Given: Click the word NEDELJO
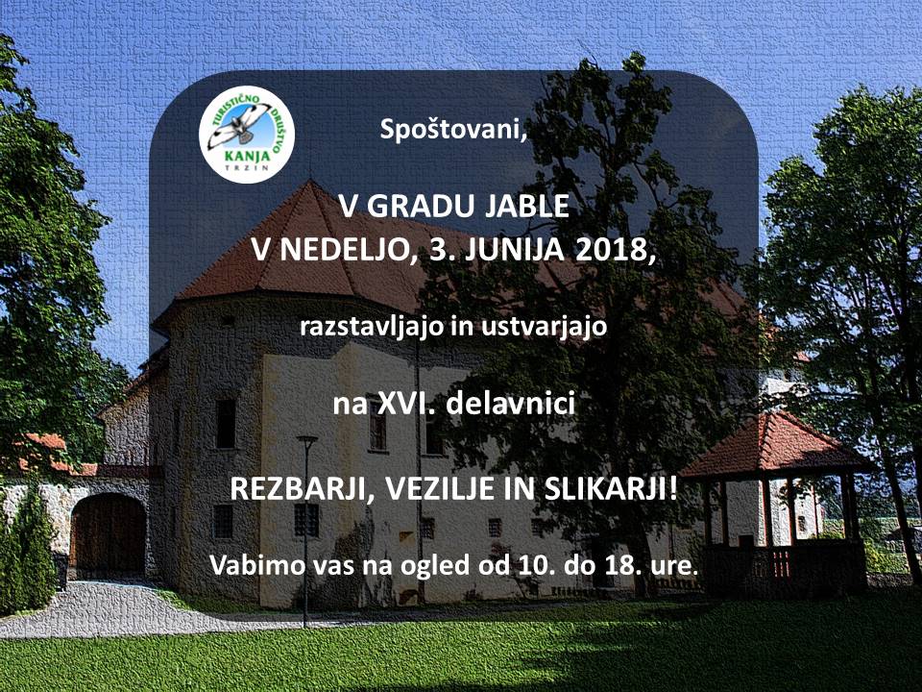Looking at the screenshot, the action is pos(343,250).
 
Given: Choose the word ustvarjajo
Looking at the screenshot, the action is pos(544,327).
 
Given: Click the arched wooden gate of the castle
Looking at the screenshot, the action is pos(109,535).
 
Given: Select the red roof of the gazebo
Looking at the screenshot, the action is pos(770,445).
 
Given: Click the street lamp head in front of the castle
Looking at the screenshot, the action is pos(307,439).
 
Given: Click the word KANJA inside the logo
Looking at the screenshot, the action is pos(247,156).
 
